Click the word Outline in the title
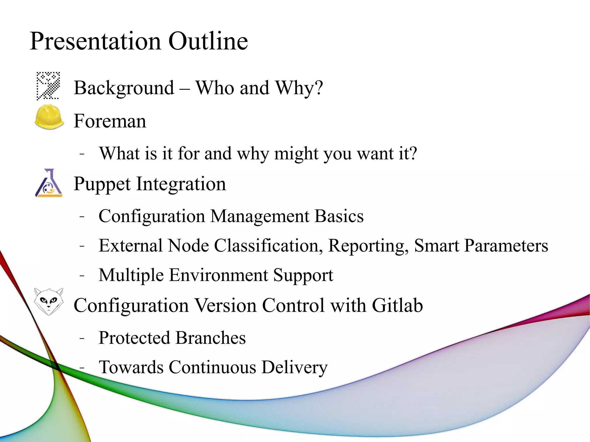coord(208,41)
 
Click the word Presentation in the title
coord(95,41)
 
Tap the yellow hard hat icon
coord(49,117)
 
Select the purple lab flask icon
coord(49,183)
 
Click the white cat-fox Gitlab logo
coord(48,301)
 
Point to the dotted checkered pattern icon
coord(48,86)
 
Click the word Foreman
coord(110,121)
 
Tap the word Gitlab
coord(397,305)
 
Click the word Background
coord(124,88)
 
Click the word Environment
coord(218,275)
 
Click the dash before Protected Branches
coord(82,338)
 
